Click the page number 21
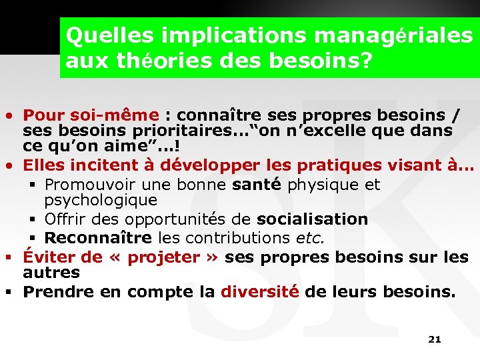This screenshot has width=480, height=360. pos(434,339)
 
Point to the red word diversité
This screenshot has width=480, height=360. pos(259,291)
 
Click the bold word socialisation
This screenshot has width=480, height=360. pos(312,219)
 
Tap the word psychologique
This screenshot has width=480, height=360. pos(101,200)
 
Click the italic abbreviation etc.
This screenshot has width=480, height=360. pos(309,237)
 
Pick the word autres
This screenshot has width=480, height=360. pos(51,272)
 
